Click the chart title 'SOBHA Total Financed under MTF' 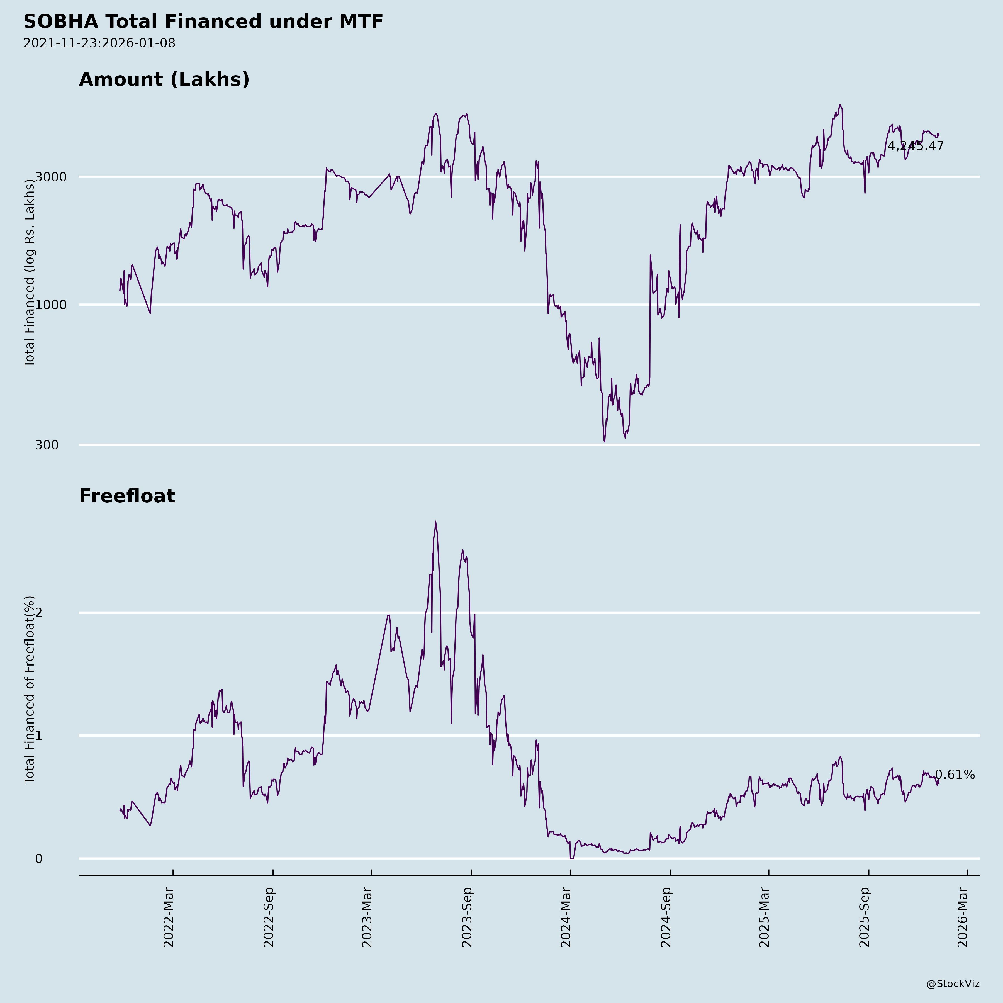[203, 22]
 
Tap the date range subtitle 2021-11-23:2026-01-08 [99, 43]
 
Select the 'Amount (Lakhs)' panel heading [164, 79]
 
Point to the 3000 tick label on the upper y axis [51, 177]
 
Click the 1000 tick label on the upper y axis [51, 305]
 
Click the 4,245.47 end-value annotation [915, 146]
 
